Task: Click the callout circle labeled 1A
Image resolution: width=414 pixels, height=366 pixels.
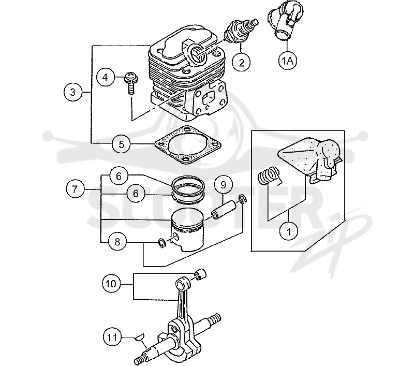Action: pyautogui.click(x=288, y=61)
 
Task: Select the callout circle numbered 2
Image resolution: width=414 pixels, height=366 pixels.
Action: pyautogui.click(x=242, y=62)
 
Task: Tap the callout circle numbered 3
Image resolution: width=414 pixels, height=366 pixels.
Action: pyautogui.click(x=73, y=92)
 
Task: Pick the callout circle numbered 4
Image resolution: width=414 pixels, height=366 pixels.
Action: pyautogui.click(x=106, y=77)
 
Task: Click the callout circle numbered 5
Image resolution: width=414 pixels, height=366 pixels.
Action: pyautogui.click(x=121, y=144)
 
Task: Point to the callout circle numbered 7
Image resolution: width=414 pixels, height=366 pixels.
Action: pyautogui.click(x=75, y=189)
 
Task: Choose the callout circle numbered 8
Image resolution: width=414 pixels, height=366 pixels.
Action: pyautogui.click(x=117, y=241)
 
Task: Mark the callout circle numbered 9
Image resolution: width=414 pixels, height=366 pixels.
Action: pyautogui.click(x=223, y=184)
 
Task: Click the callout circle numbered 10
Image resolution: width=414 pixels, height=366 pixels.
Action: pyautogui.click(x=111, y=284)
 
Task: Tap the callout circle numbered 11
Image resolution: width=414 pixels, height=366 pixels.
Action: pyautogui.click(x=112, y=337)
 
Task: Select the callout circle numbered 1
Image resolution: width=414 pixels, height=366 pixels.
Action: pyautogui.click(x=289, y=231)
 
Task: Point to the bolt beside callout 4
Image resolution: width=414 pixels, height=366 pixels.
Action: pyautogui.click(x=130, y=82)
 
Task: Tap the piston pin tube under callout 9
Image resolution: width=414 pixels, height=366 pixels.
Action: pyautogui.click(x=223, y=210)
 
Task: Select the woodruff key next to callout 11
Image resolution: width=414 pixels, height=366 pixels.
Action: pyautogui.click(x=139, y=337)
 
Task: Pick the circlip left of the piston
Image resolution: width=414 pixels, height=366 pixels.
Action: pyautogui.click(x=161, y=243)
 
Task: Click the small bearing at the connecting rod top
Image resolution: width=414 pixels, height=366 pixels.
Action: pyautogui.click(x=200, y=274)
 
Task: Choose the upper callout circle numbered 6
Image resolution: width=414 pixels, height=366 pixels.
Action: pyautogui.click(x=119, y=176)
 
